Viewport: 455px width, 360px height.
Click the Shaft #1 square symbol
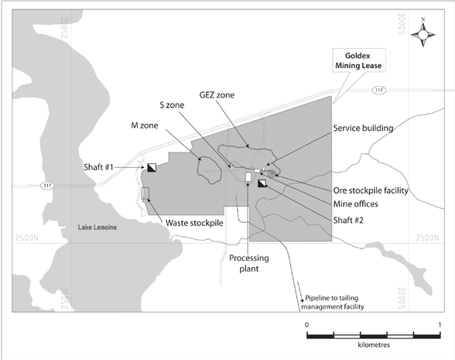152,167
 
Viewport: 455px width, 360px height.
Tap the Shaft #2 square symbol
262,183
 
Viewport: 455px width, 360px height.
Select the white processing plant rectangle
248,177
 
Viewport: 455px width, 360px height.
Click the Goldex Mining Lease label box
359,60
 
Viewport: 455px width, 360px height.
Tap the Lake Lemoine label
97,228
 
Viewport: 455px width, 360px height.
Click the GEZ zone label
217,95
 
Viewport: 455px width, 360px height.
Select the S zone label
172,105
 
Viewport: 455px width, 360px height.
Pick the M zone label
145,125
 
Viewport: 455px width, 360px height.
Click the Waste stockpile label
194,223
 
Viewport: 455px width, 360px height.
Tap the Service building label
363,128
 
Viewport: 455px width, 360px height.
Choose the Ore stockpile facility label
371,190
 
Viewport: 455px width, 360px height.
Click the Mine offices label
355,204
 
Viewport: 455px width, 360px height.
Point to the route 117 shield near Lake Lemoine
48,185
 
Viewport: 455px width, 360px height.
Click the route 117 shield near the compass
379,91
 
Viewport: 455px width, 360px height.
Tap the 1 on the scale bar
440,324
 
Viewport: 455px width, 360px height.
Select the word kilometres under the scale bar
374,345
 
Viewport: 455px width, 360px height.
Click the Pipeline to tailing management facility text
333,302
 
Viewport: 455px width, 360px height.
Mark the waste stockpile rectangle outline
145,193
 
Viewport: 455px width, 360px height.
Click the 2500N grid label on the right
427,238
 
